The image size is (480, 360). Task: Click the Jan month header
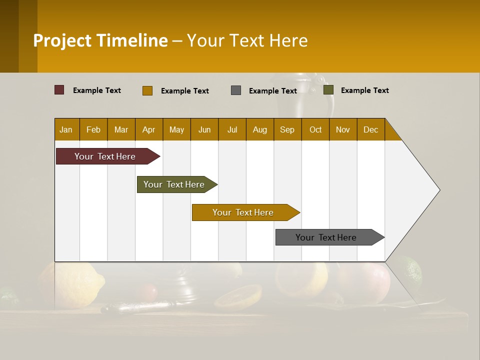[x=66, y=129]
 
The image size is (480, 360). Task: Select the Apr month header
[x=149, y=129]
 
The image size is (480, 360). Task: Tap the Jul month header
[x=232, y=129]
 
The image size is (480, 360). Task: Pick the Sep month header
[x=287, y=129]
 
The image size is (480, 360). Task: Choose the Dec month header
[x=370, y=129]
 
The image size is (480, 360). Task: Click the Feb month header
[x=93, y=129]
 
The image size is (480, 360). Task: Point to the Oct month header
[x=315, y=129]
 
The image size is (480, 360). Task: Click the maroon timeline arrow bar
[x=105, y=156]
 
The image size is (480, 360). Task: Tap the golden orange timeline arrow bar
[x=243, y=212]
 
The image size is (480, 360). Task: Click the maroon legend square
[x=59, y=90]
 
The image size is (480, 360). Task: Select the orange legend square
[x=147, y=90]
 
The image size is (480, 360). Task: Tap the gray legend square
[x=236, y=90]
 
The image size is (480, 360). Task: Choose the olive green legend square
[x=328, y=90]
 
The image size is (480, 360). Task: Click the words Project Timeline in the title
[x=100, y=40]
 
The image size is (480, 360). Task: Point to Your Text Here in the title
[x=247, y=40]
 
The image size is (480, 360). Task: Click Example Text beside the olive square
[x=364, y=90]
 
